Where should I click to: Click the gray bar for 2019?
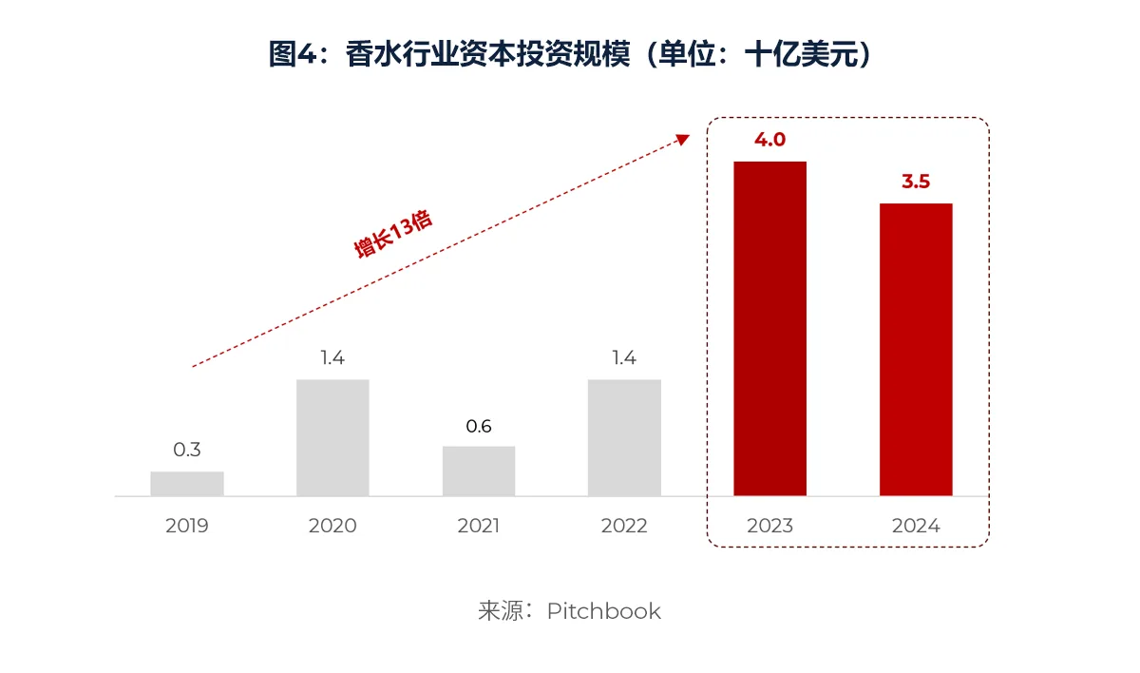[x=187, y=483]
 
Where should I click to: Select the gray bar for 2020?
[x=332, y=437]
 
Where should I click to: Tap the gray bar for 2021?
[x=479, y=471]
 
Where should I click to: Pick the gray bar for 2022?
[x=624, y=437]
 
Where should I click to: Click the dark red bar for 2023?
[x=769, y=328]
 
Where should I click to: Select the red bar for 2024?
[x=916, y=349]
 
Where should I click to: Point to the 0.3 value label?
[x=187, y=450]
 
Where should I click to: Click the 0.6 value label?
[x=479, y=426]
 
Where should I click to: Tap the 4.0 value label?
[x=769, y=140]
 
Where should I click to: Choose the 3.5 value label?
[x=916, y=182]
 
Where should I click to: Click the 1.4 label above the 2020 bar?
[x=332, y=358]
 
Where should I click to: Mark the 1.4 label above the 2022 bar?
[x=624, y=358]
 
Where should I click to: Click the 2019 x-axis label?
[x=187, y=526]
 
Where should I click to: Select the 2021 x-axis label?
[x=479, y=526]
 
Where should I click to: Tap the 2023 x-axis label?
[x=769, y=526]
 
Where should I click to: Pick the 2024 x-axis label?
[x=916, y=526]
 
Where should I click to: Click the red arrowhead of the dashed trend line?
[x=681, y=140]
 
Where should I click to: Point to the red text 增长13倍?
[x=393, y=234]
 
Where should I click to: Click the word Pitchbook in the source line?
[x=603, y=610]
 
